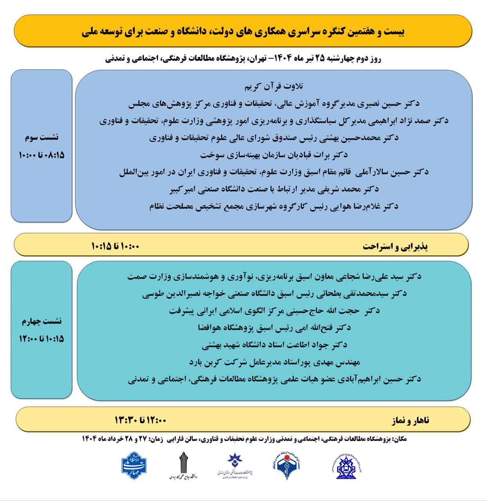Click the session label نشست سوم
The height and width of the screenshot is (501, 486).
pyautogui.click(x=42, y=137)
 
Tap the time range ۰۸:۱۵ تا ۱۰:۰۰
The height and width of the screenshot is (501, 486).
pyautogui.click(x=42, y=155)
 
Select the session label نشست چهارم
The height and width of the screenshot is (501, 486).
pyautogui.click(x=42, y=321)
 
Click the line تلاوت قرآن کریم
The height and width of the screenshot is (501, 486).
pyautogui.click(x=274, y=87)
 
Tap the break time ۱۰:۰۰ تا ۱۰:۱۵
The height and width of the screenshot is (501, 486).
pyautogui.click(x=116, y=247)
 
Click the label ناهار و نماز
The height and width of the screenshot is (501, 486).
pyautogui.click(x=410, y=421)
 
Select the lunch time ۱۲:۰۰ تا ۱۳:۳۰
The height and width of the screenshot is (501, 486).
pyautogui.click(x=140, y=420)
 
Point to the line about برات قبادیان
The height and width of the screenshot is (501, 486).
pyautogui.click(x=274, y=155)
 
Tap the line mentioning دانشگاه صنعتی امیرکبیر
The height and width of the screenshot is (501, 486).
pyautogui.click(x=274, y=189)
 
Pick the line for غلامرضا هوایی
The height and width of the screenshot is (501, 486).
pyautogui.click(x=274, y=207)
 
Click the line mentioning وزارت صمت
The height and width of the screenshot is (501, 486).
pyautogui.click(x=274, y=277)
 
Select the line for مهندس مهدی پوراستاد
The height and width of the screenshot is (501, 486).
pyautogui.click(x=274, y=362)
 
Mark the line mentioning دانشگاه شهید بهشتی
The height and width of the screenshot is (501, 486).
pyautogui.click(x=274, y=345)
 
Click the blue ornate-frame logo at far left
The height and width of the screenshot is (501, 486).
pyautogui.click(x=134, y=465)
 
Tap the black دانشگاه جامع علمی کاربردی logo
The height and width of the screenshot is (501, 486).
pyautogui.click(x=183, y=466)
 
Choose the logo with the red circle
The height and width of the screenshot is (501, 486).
pyautogui.click(x=287, y=466)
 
